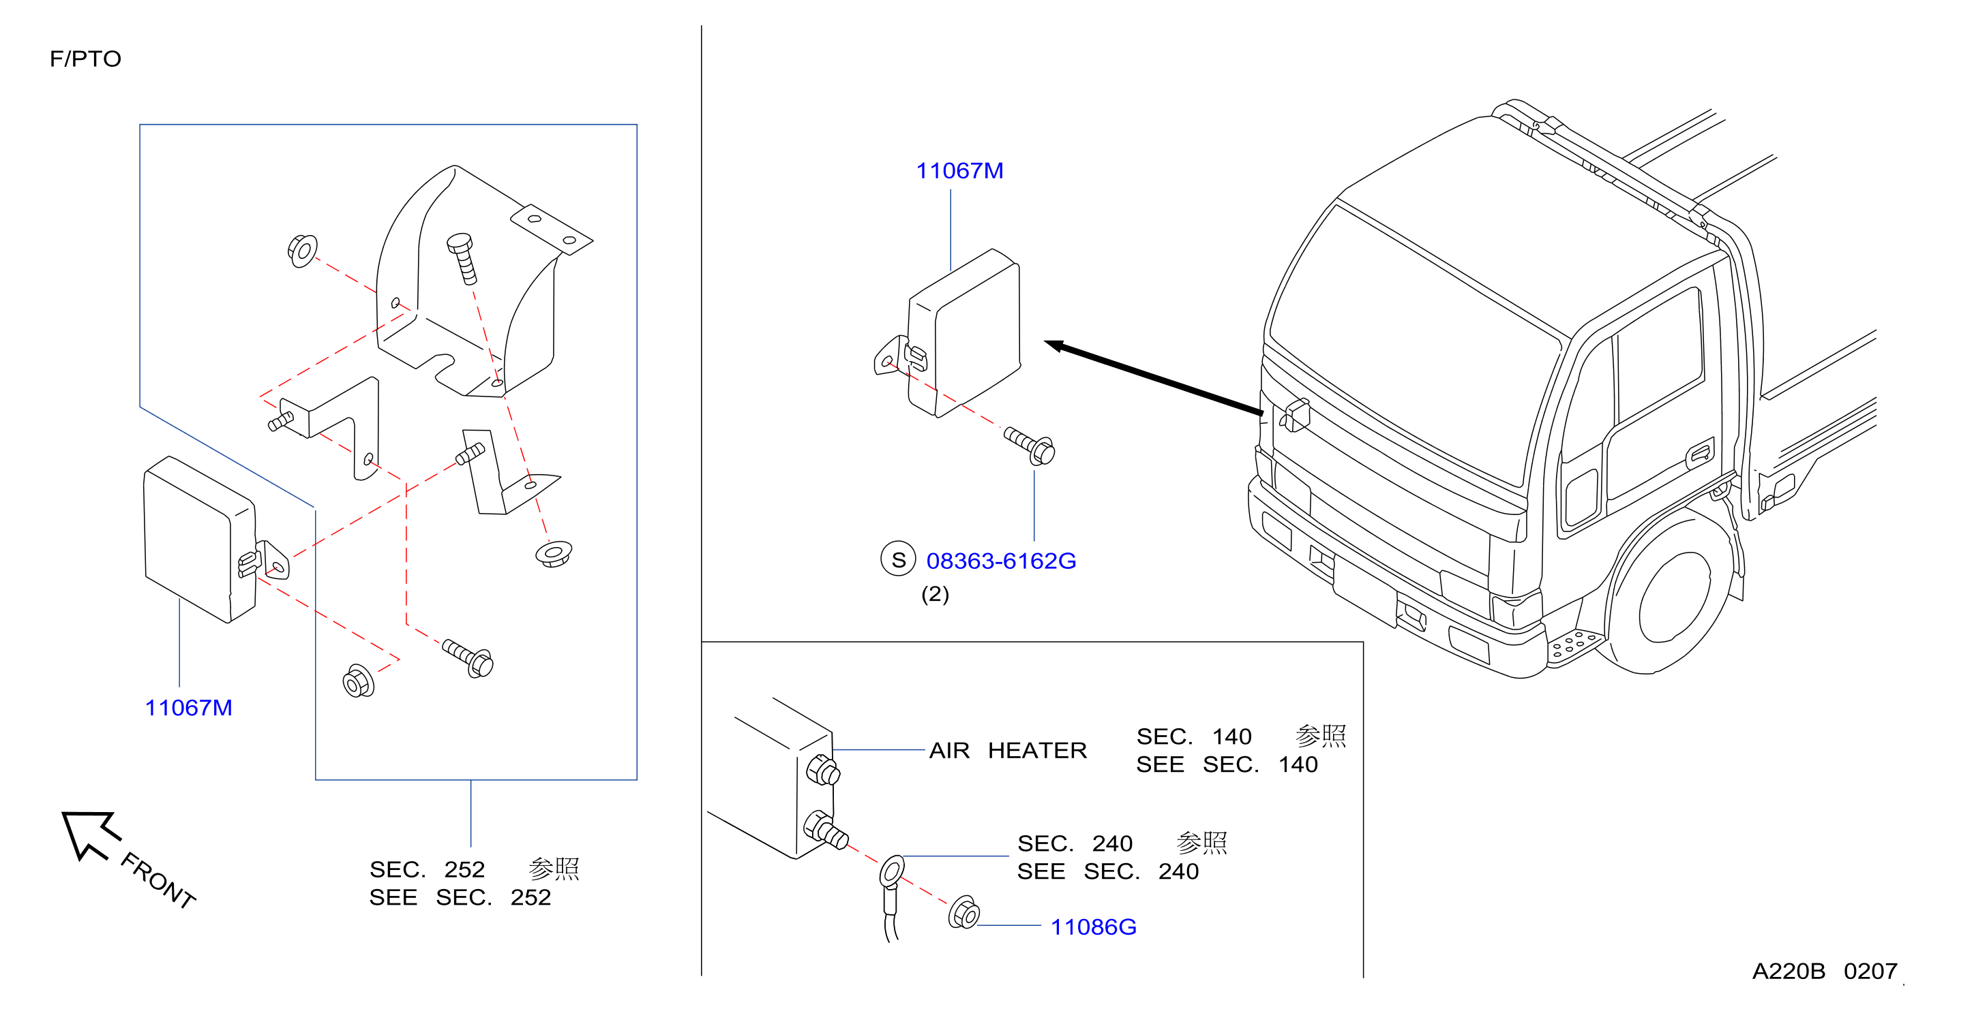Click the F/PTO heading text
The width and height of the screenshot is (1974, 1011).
(x=85, y=59)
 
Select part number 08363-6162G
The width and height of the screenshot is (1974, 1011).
(x=1001, y=561)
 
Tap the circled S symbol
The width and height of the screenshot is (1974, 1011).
(x=898, y=560)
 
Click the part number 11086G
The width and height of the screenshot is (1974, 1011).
(x=1094, y=927)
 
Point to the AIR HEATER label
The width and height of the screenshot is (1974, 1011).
(x=1008, y=750)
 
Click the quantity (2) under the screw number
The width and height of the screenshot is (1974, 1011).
(x=935, y=594)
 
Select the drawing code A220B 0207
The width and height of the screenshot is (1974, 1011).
(x=1825, y=971)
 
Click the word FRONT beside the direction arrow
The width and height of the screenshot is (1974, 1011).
(x=158, y=880)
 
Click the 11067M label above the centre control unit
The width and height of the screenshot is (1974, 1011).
(x=959, y=170)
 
